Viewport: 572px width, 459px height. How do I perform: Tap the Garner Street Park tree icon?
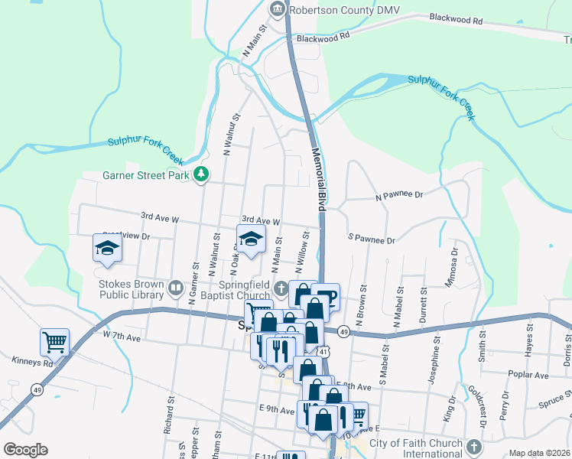point(201,175)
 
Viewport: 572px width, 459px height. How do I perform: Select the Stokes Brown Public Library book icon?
point(176,288)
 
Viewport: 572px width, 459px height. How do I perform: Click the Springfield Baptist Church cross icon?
point(282,288)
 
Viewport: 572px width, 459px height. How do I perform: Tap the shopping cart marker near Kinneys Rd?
point(55,343)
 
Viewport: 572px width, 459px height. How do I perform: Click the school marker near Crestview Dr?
point(106,248)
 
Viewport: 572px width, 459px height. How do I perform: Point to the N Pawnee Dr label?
point(398,196)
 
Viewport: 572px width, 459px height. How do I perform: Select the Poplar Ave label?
point(532,376)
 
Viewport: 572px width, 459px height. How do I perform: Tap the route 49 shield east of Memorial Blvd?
point(343,331)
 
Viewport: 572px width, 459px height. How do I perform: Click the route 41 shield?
point(324,351)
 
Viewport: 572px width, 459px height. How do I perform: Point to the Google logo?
point(25,450)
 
